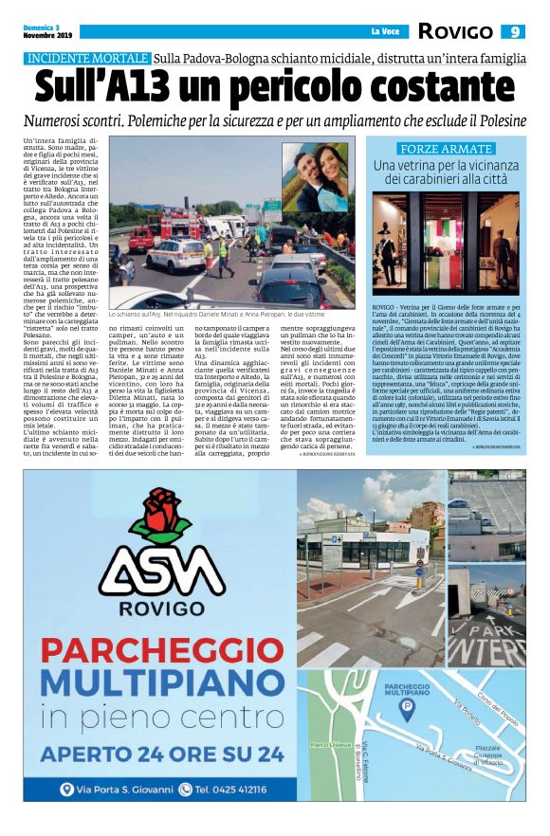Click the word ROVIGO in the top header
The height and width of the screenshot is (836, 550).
pos(454,32)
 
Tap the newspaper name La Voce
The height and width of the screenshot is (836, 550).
pos(385,32)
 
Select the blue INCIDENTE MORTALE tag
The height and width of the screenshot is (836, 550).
pos(88,58)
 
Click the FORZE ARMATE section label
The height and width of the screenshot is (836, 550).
pos(437,150)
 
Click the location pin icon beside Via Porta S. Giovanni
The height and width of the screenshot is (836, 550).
pos(66,789)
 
